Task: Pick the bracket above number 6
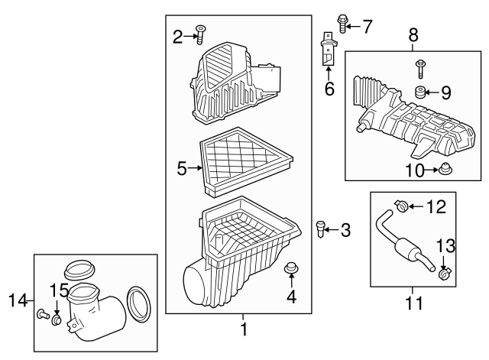(x=328, y=50)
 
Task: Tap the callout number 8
(x=413, y=34)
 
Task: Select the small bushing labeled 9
(x=419, y=94)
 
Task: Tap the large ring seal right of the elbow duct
(x=138, y=303)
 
